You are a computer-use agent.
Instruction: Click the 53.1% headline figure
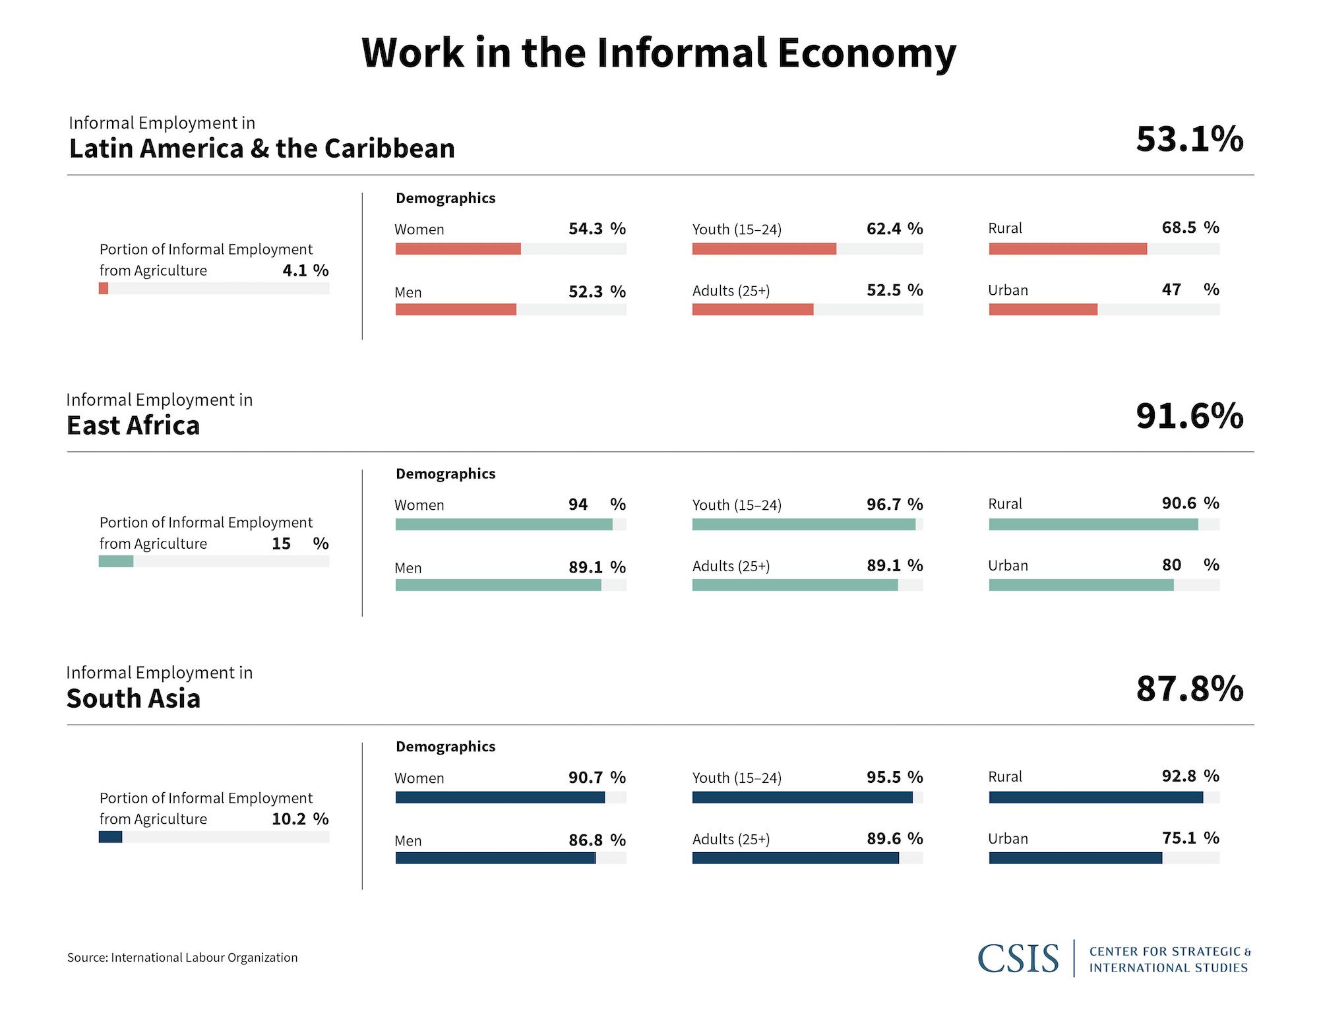click(1189, 139)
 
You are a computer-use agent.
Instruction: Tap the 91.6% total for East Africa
click(1189, 416)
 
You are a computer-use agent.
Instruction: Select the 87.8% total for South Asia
click(1189, 689)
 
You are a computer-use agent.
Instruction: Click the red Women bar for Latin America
click(458, 249)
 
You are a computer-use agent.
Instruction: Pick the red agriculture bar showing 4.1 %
click(104, 288)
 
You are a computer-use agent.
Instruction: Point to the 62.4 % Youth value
click(894, 229)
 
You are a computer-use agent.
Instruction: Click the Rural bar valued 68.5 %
click(1067, 249)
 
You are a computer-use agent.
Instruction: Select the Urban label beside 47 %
click(1008, 290)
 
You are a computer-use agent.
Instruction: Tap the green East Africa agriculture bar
click(116, 561)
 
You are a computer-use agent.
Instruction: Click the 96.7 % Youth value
click(894, 505)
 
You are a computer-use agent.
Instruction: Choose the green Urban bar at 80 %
click(1081, 585)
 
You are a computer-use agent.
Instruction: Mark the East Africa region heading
click(133, 426)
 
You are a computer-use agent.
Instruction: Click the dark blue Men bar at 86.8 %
click(495, 858)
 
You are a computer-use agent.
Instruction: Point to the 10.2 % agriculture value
click(299, 819)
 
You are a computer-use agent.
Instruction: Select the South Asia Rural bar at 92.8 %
click(1095, 797)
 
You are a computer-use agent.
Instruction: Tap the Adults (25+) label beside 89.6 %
click(731, 840)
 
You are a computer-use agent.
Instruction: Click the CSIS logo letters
click(1018, 958)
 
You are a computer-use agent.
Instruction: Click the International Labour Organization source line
click(183, 958)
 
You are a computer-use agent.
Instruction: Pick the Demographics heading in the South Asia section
click(445, 747)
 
